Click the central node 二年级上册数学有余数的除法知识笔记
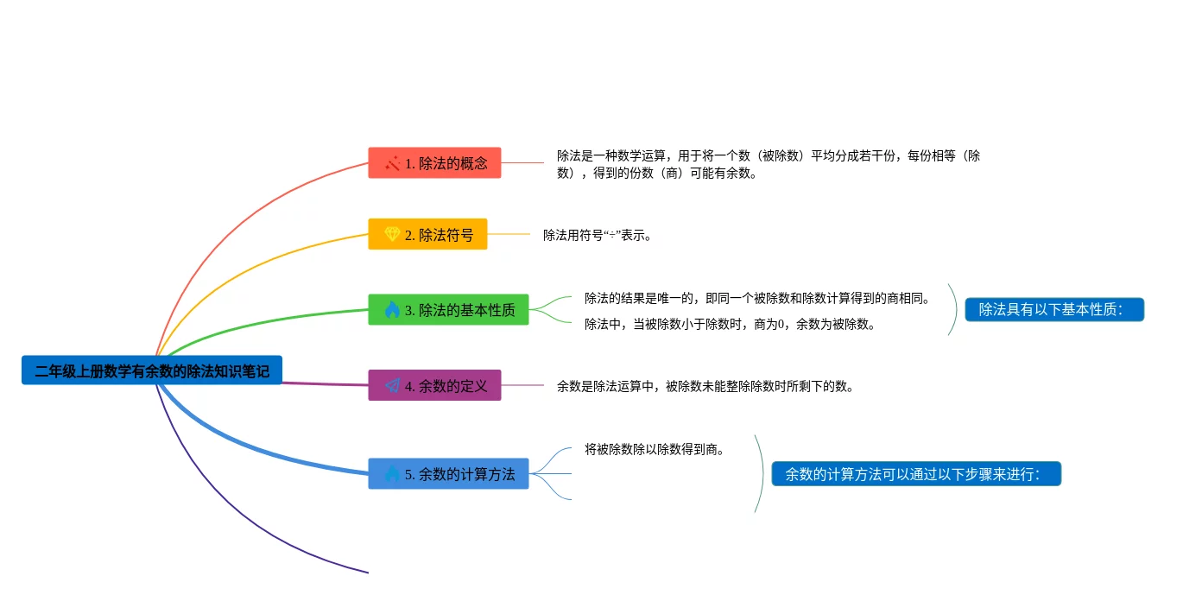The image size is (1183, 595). (x=152, y=370)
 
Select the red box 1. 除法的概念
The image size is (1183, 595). (x=434, y=162)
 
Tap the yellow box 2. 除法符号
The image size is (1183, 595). (x=427, y=234)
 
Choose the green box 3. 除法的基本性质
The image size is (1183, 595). (x=448, y=309)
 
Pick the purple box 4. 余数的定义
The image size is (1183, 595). (x=434, y=385)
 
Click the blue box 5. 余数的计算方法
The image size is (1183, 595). (x=448, y=473)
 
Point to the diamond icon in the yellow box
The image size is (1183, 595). (x=392, y=234)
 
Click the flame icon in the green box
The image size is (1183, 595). (x=392, y=309)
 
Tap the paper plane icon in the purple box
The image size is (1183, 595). (x=392, y=385)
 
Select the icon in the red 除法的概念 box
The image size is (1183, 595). (x=392, y=163)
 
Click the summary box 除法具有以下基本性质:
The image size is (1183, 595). (x=1054, y=309)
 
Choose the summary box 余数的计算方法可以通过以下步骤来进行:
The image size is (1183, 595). (x=916, y=473)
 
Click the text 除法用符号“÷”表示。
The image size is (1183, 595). (x=598, y=235)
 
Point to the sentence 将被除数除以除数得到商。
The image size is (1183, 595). (x=654, y=449)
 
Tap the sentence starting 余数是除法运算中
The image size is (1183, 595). (x=705, y=387)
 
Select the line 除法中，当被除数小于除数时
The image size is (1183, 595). (x=730, y=324)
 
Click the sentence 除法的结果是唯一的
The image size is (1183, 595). (x=756, y=298)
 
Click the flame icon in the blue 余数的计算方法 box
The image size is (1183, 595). (x=392, y=473)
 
